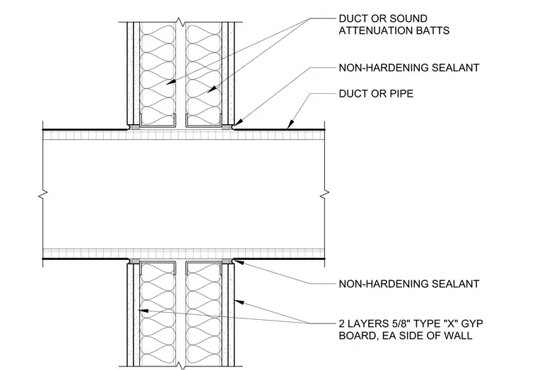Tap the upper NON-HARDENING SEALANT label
click(409, 68)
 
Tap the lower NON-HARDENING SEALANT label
click(409, 284)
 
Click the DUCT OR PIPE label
click(376, 94)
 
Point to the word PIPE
click(401, 94)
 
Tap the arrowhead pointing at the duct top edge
click(291, 125)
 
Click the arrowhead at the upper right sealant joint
click(238, 123)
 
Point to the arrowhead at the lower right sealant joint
click(239, 262)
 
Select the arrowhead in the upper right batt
click(212, 90)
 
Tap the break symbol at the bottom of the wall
click(180, 365)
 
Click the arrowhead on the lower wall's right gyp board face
click(240, 302)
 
